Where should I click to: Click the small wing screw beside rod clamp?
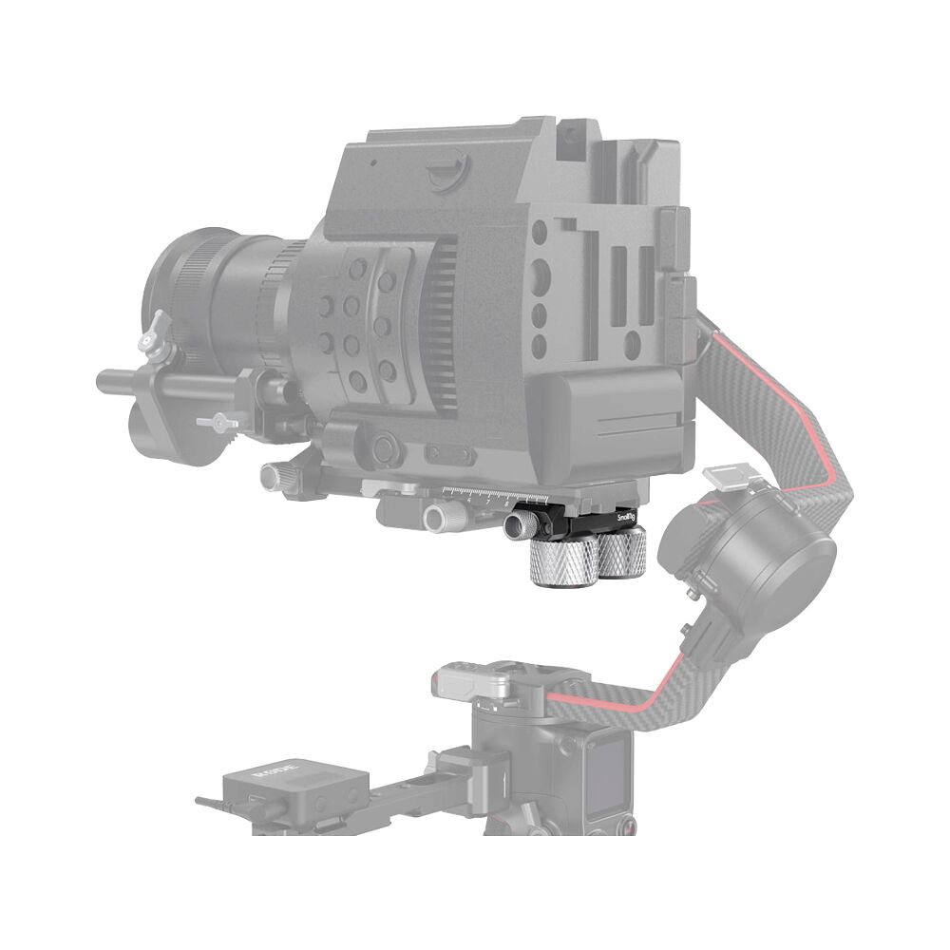[x=215, y=421]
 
